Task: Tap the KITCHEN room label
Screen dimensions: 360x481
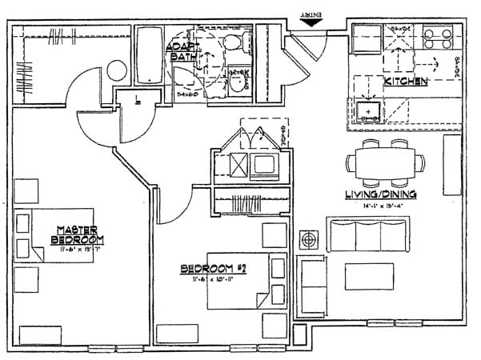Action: click(406, 82)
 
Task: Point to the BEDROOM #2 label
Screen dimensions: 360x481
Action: click(212, 270)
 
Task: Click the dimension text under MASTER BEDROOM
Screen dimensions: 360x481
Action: click(78, 250)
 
